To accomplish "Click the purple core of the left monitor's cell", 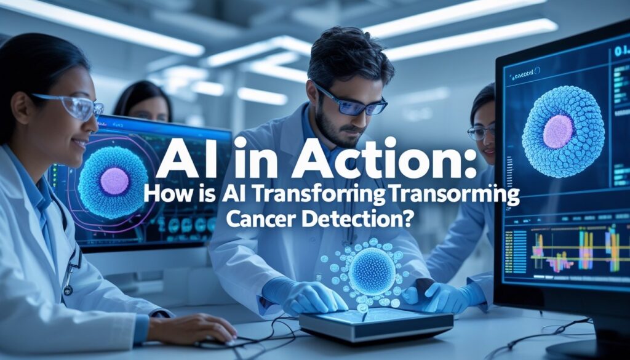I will (114, 181).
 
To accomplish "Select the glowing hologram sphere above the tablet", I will (372, 271).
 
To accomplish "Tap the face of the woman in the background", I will (147, 109).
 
